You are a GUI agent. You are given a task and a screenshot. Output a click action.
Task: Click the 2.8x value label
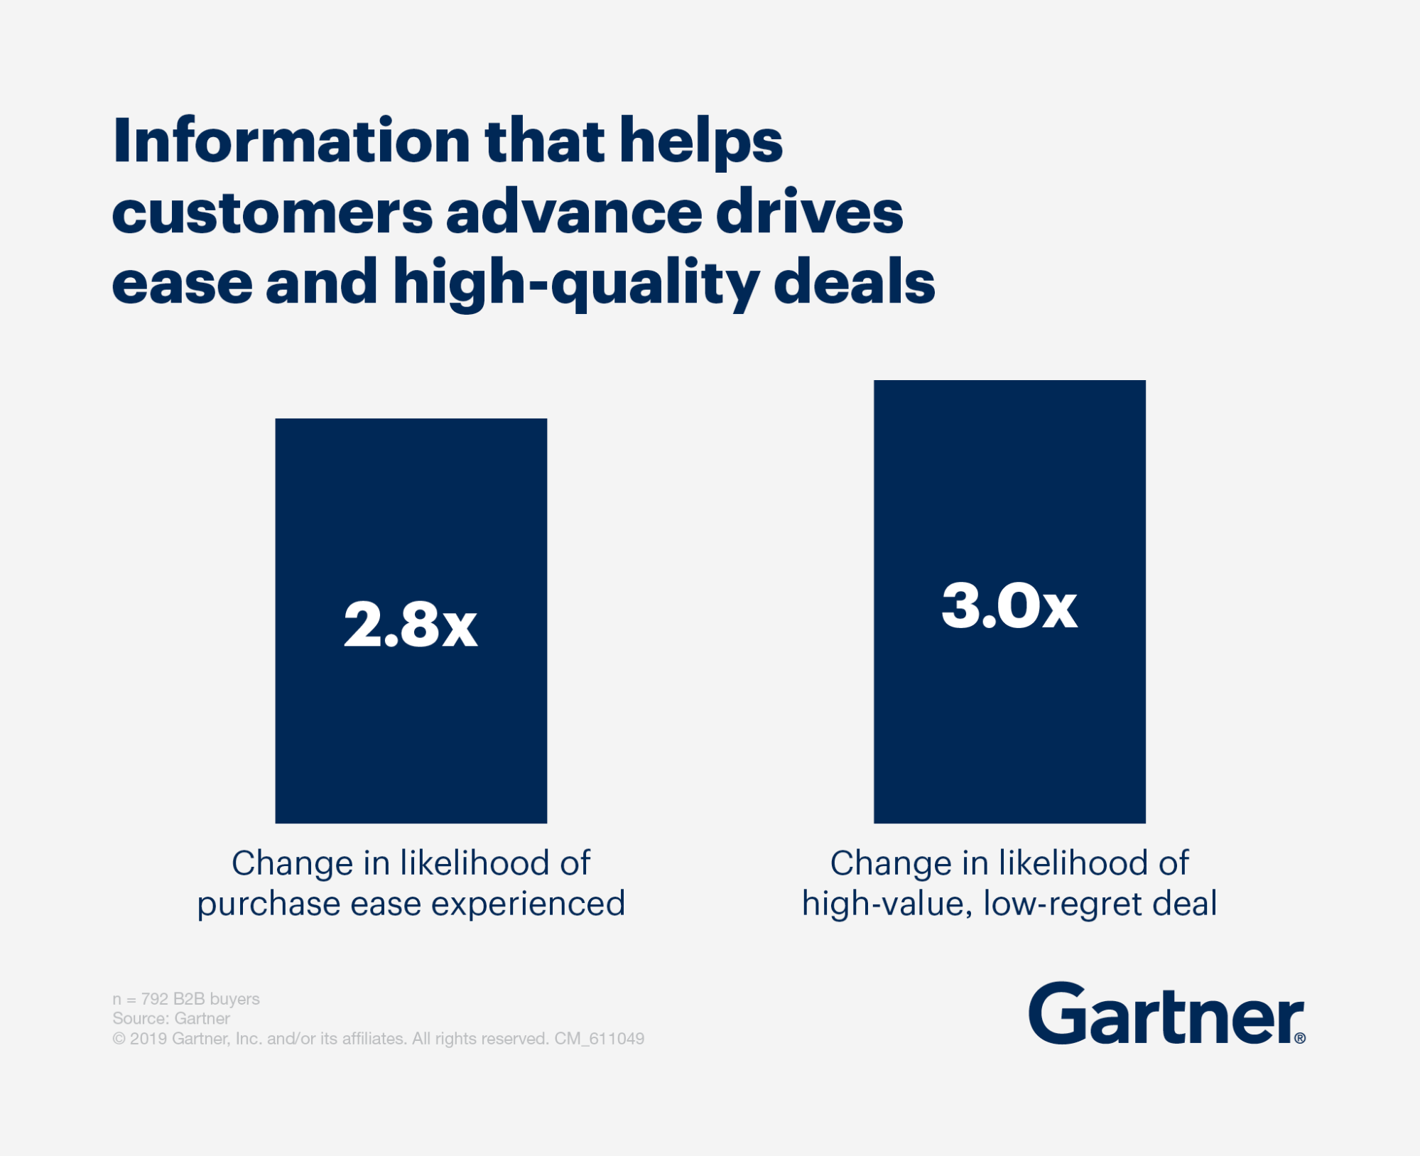tap(411, 625)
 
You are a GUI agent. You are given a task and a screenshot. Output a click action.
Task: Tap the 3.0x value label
tap(1009, 606)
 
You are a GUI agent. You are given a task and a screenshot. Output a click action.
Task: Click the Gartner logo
tap(1165, 1015)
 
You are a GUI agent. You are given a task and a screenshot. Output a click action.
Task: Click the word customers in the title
tap(272, 213)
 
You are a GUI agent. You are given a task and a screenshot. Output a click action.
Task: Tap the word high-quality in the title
tap(575, 283)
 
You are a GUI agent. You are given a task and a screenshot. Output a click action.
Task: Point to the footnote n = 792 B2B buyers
tap(186, 999)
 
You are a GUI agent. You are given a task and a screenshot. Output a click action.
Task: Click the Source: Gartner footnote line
tap(171, 1018)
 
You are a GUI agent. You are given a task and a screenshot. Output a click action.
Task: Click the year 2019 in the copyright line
tap(148, 1039)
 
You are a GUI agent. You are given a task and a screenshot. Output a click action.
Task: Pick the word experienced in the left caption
tap(528, 904)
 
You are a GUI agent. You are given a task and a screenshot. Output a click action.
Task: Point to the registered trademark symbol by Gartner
tap(1299, 1038)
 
